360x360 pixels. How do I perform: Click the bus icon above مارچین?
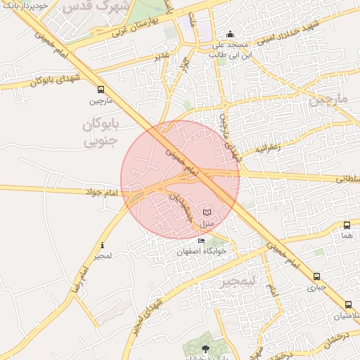coord(101,90)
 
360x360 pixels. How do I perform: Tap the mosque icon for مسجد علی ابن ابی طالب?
coord(230,34)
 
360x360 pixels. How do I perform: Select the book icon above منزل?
coord(207,212)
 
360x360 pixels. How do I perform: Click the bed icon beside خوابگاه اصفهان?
coord(202,241)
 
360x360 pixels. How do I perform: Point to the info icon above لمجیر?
coord(103,245)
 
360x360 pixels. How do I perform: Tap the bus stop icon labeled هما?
coord(347,226)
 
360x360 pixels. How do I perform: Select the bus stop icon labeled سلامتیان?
coord(349,304)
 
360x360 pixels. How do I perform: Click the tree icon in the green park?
coord(206,349)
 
